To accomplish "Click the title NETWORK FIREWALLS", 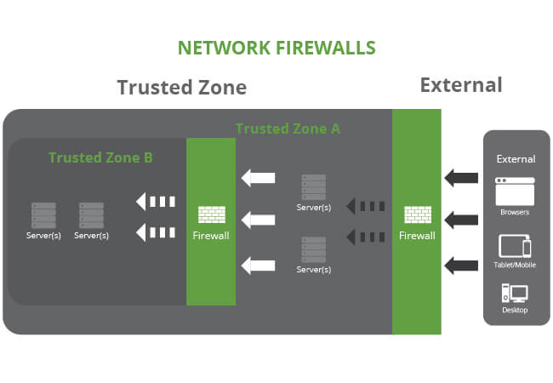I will click(x=276, y=48).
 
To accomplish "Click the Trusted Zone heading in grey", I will click(x=182, y=88).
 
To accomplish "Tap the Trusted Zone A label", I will click(x=288, y=129).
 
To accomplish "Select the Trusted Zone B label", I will click(x=100, y=157).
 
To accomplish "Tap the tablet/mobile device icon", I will click(x=515, y=247).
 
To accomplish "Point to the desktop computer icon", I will click(x=515, y=294).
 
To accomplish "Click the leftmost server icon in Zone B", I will click(x=43, y=214).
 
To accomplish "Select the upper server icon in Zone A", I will click(x=314, y=187).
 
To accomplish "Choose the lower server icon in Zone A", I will click(x=314, y=250).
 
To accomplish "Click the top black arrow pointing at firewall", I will click(x=461, y=178).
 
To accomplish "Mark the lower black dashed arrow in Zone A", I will click(x=366, y=236).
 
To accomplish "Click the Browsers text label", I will click(x=515, y=212).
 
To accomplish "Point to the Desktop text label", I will click(x=515, y=311).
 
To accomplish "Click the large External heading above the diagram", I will click(x=461, y=85).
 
